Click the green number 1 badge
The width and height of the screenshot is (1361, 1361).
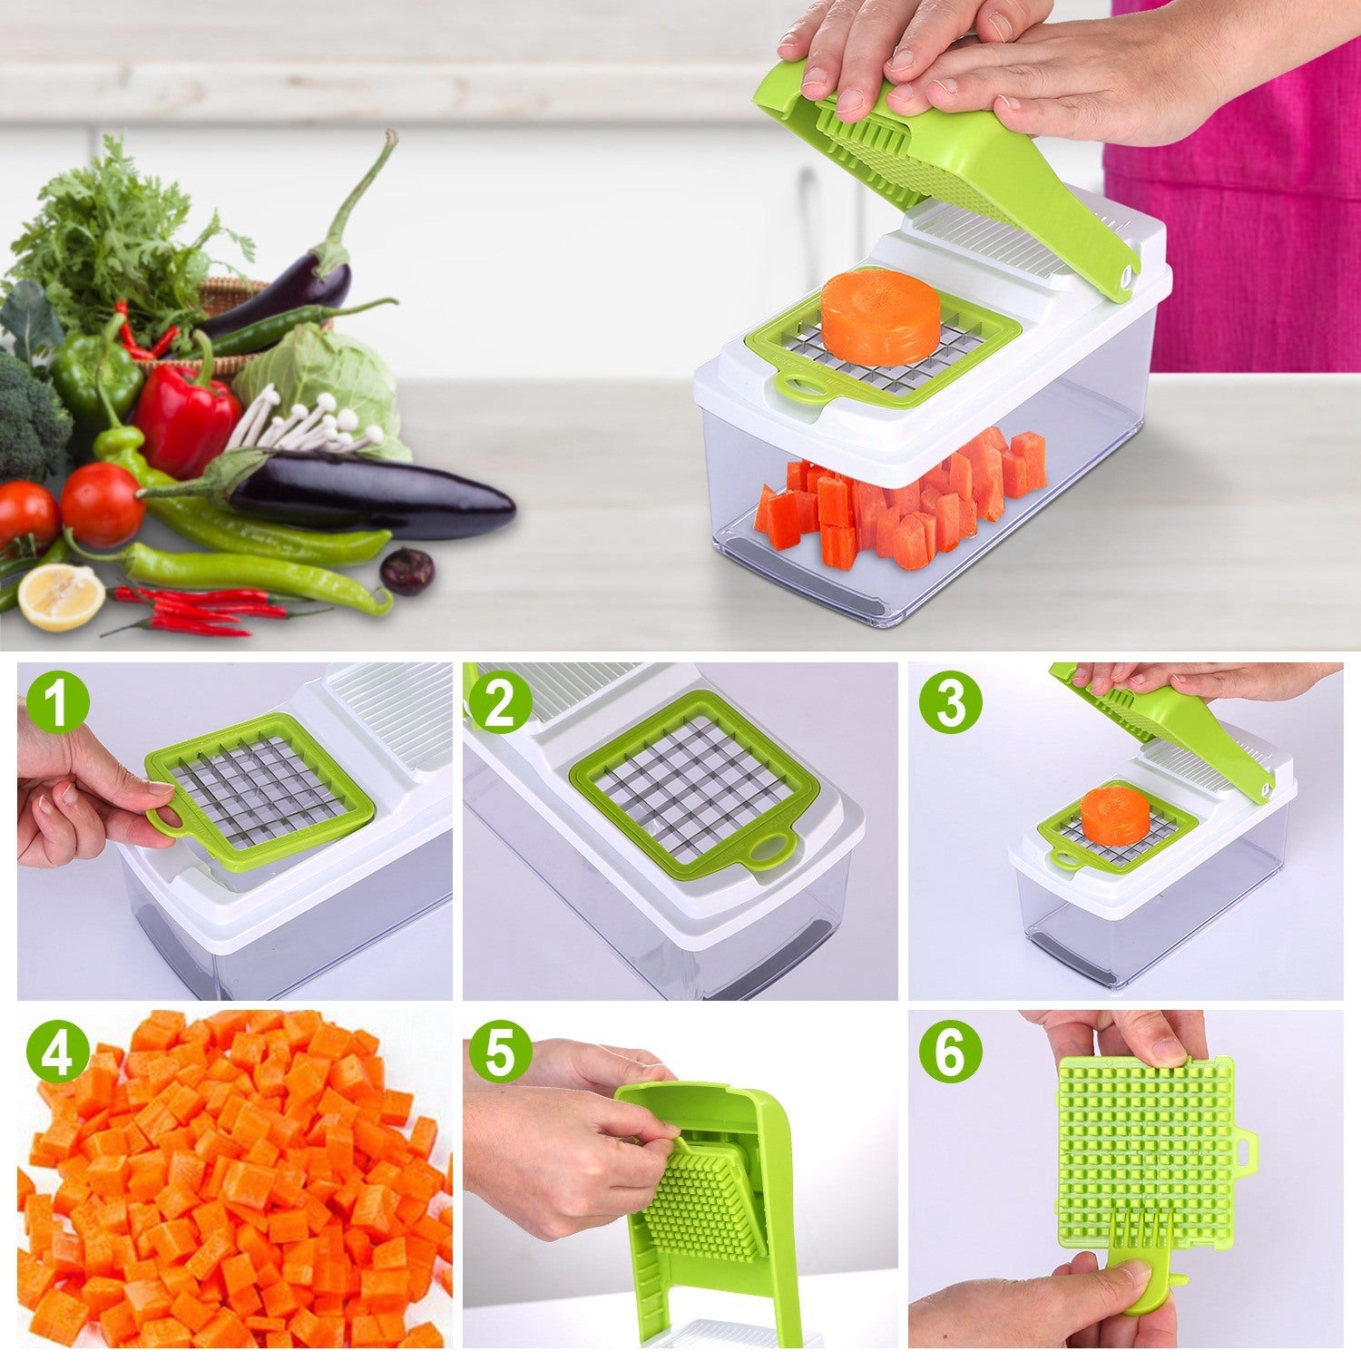tap(57, 703)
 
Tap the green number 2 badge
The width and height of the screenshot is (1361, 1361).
tap(499, 703)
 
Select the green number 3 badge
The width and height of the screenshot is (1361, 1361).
tap(950, 703)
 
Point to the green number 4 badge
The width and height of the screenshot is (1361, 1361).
tap(57, 1053)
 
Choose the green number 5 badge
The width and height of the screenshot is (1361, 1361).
tap(499, 1053)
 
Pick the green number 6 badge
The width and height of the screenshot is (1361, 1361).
tap(950, 1053)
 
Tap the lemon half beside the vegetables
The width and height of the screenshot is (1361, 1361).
tap(61, 596)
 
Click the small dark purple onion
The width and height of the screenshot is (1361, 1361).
tap(406, 571)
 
